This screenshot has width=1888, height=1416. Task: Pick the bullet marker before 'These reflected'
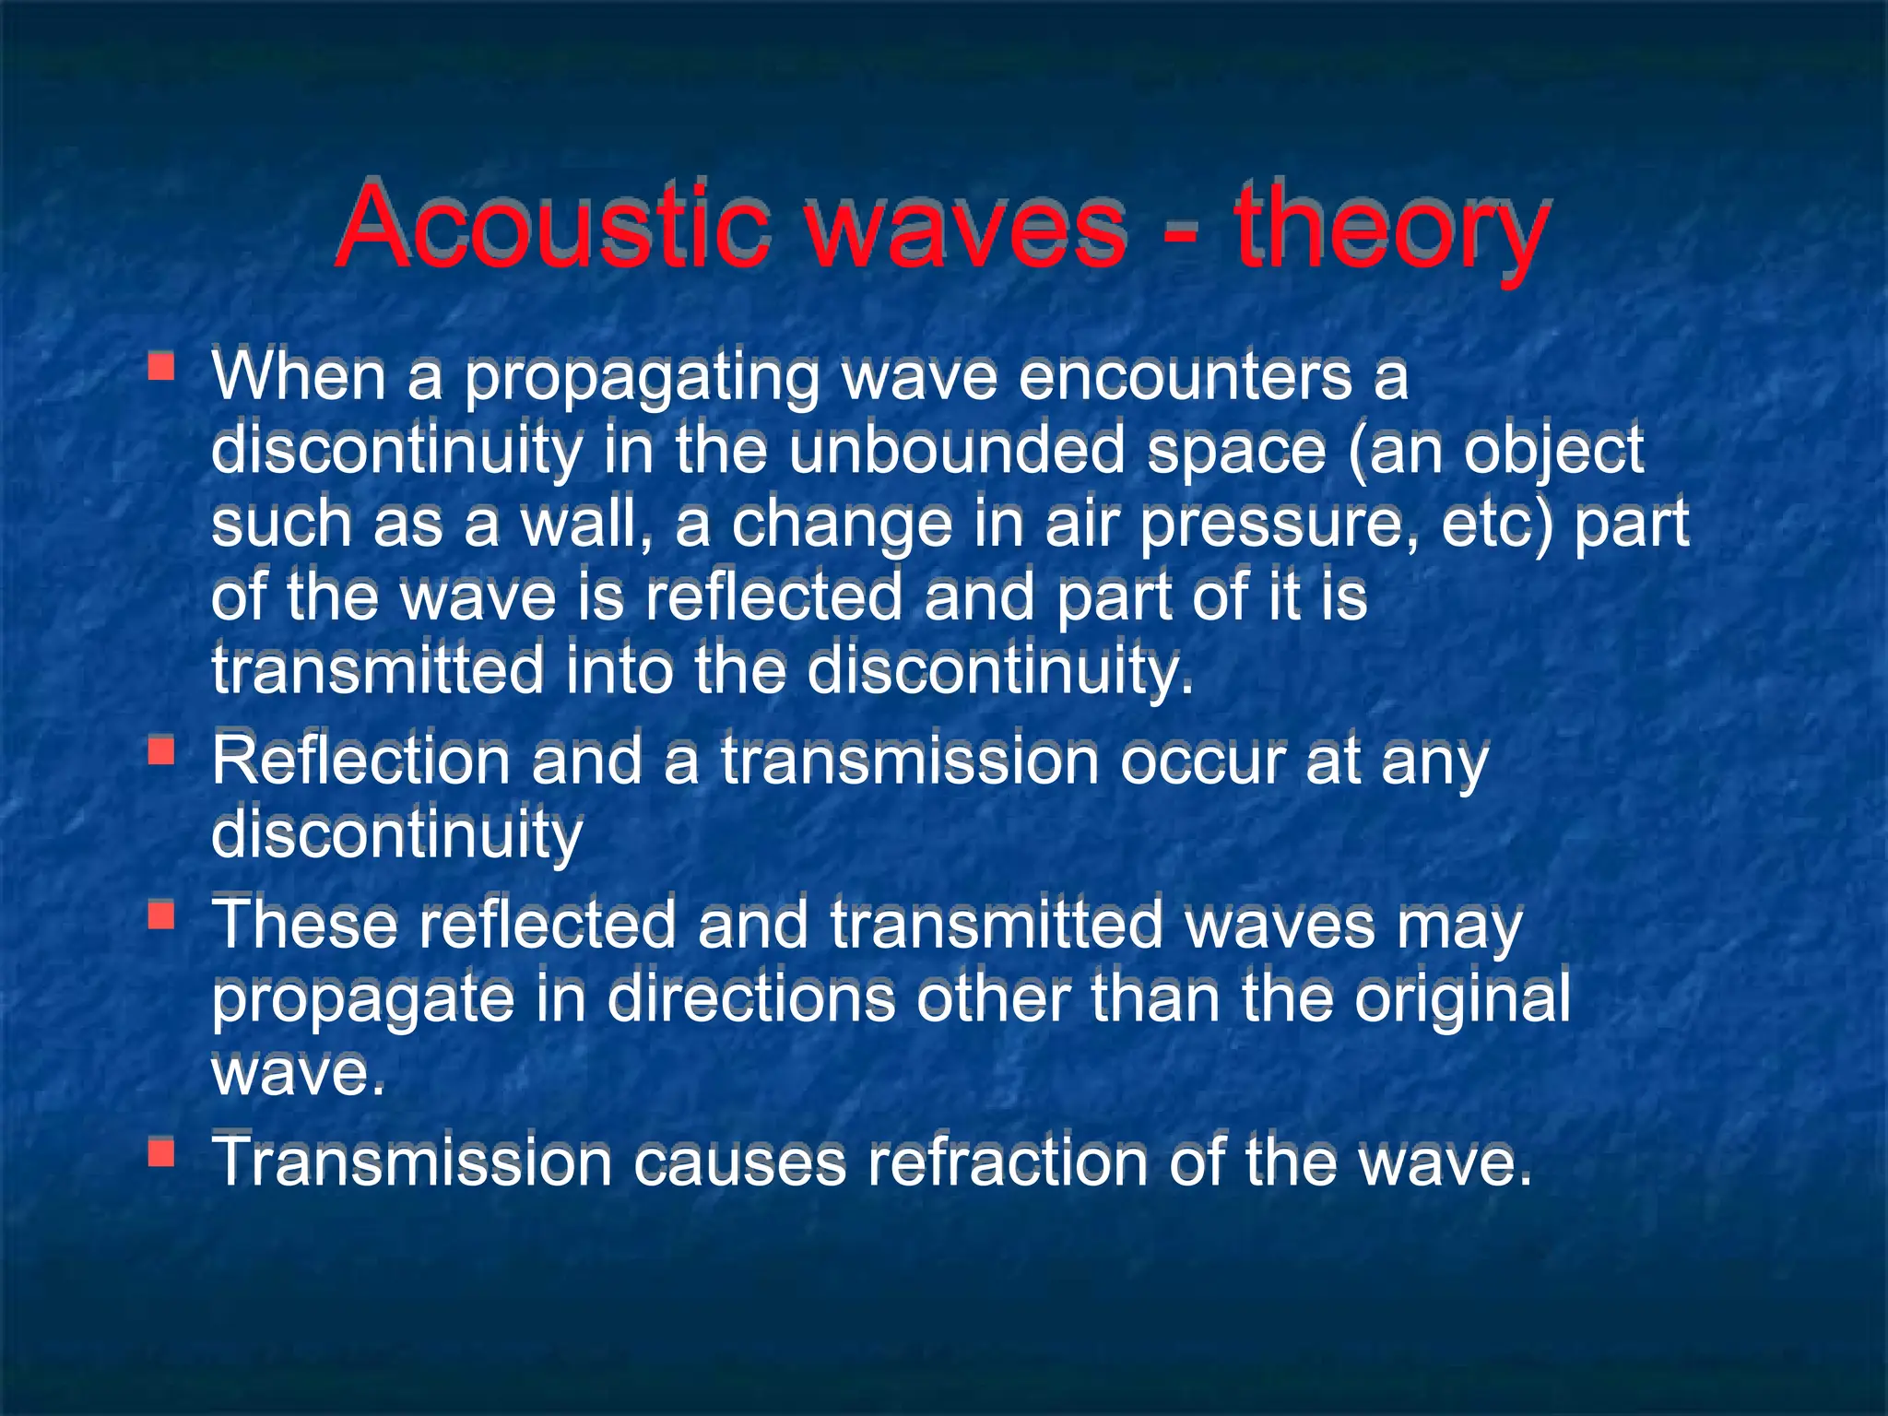(x=161, y=914)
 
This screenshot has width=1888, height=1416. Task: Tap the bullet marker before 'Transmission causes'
(x=161, y=1151)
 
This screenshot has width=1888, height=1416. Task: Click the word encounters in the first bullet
(x=1184, y=378)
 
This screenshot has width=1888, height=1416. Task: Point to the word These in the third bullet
(x=304, y=926)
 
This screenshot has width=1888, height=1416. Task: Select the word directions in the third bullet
(x=750, y=999)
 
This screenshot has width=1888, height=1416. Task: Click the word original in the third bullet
(x=1461, y=1001)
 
